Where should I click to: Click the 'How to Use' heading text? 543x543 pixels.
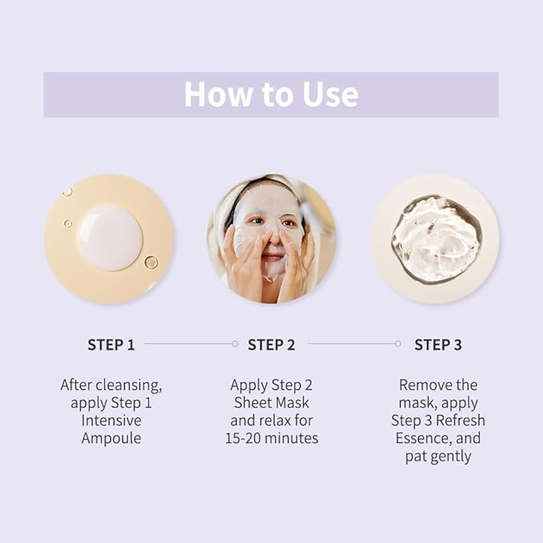[x=271, y=94]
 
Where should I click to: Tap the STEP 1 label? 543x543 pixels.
[x=111, y=345]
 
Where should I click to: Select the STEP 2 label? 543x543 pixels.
[x=271, y=345]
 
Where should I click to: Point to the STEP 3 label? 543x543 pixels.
[x=437, y=345]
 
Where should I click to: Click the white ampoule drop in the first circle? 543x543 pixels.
[x=110, y=238]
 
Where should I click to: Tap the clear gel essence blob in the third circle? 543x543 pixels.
[x=435, y=238]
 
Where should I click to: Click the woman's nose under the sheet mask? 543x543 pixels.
[x=270, y=238]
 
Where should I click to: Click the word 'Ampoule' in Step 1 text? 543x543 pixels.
[x=111, y=437]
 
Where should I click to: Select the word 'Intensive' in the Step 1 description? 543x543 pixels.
[x=111, y=420]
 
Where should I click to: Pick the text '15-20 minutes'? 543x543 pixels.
[x=271, y=437]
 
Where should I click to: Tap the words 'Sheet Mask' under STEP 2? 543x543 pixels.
[x=271, y=402]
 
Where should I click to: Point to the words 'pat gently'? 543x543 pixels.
[x=437, y=456]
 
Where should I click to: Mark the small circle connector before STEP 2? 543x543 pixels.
[x=234, y=344]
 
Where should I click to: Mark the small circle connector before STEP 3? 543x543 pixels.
[x=397, y=344]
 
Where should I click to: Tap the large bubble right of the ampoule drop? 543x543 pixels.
[x=151, y=262]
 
